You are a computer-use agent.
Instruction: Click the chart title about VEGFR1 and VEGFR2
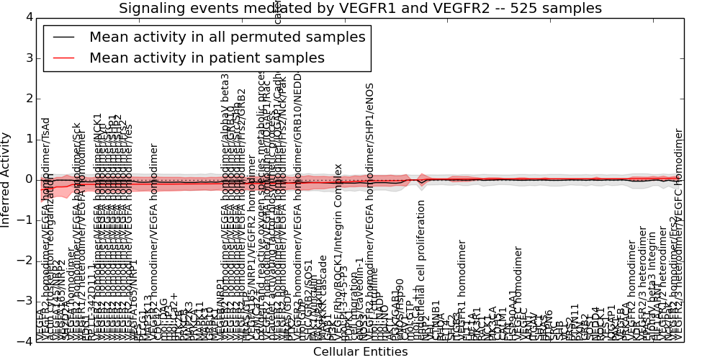coord(360,9)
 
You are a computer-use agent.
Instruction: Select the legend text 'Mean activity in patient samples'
coord(207,58)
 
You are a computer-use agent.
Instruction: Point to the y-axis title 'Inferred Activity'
coord(6,179)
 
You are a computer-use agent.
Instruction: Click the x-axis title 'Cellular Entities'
coord(360,352)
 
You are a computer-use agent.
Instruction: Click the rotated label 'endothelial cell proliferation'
coord(422,292)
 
